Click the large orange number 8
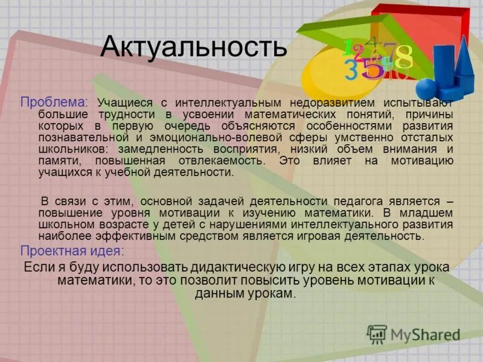pyautogui.click(x=403, y=57)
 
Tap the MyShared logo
pyautogui.click(x=413, y=334)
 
